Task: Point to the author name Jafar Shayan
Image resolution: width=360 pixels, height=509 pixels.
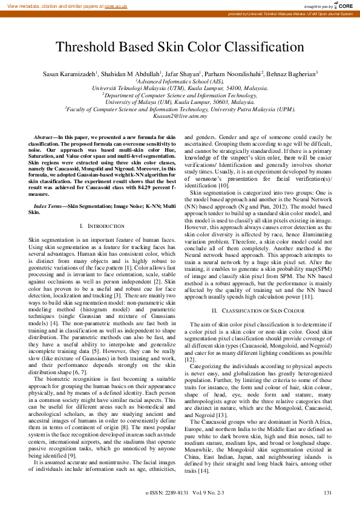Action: pyautogui.click(x=167, y=74)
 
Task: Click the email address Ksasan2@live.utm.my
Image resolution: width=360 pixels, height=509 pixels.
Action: pyautogui.click(x=180, y=115)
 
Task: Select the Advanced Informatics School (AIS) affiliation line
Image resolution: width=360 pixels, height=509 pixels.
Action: pyautogui.click(x=180, y=81)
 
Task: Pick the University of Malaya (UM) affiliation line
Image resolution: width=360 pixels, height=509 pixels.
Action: pyautogui.click(x=180, y=102)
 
